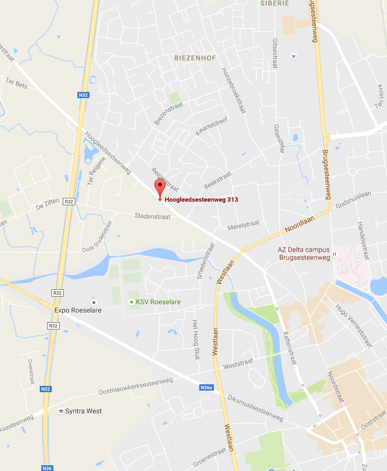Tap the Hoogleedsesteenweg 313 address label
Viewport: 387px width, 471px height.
tap(201, 199)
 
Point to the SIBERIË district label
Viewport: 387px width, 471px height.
tap(275, 3)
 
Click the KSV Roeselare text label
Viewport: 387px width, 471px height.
tap(155, 302)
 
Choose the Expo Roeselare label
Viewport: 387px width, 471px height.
tap(78, 310)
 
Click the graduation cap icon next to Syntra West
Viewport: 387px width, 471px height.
tap(61, 411)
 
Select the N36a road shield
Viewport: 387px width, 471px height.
tap(207, 387)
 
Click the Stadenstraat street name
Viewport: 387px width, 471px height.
tap(152, 216)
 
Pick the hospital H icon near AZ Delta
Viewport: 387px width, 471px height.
tap(334, 254)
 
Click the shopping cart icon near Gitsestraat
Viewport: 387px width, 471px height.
tap(293, 56)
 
